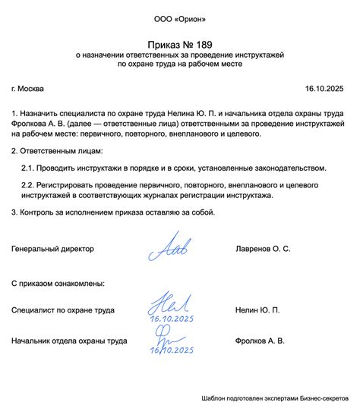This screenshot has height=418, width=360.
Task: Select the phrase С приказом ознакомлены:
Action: point(58,283)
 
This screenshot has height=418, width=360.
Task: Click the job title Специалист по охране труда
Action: point(63,310)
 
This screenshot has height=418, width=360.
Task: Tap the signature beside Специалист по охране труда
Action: point(165,306)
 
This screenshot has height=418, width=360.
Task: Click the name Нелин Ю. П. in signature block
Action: point(257,310)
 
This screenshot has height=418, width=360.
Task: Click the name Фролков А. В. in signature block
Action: point(261,341)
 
